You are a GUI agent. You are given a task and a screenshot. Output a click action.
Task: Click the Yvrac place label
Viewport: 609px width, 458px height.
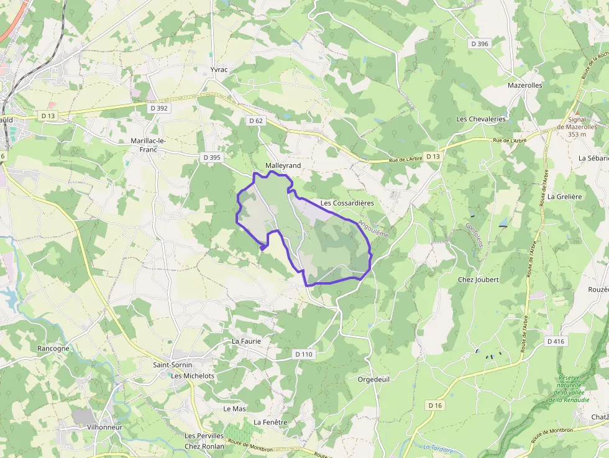tap(219, 70)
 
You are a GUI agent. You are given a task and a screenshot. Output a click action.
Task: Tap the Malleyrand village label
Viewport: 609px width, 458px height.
tap(283, 165)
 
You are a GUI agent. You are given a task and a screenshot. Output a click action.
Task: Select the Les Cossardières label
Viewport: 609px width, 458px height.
tap(347, 203)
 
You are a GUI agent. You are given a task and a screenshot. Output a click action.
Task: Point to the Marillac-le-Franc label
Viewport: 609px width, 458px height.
tap(148, 145)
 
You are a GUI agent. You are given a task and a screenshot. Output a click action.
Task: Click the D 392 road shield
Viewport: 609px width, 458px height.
tap(159, 108)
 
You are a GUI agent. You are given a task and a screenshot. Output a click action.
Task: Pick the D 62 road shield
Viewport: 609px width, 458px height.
tap(256, 121)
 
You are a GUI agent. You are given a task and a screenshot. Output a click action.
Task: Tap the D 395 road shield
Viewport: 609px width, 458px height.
tap(212, 157)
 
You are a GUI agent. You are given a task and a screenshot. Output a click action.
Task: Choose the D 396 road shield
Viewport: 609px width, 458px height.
tap(480, 44)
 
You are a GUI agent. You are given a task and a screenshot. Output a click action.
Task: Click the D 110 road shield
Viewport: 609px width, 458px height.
tap(304, 354)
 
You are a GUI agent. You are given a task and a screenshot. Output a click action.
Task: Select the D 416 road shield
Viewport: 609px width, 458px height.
tap(556, 341)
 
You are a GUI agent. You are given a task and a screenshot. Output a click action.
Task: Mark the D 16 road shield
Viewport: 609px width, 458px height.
tap(435, 405)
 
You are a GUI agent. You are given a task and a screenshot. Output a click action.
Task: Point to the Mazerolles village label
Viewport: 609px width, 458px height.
tap(524, 85)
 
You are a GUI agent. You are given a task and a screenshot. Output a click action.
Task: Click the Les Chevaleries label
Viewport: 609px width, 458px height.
tap(481, 119)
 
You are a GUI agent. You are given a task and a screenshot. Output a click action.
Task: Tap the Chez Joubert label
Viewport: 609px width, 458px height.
tap(478, 280)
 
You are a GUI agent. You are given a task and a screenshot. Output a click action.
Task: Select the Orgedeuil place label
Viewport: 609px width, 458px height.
tap(373, 379)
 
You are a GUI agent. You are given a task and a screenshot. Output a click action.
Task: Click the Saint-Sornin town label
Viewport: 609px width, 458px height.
tap(173, 365)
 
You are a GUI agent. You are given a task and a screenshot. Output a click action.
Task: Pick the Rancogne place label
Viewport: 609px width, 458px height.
tap(53, 349)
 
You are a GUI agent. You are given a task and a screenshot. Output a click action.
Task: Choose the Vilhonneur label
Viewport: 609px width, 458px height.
tap(104, 428)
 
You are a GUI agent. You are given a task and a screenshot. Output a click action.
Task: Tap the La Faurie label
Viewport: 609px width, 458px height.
tap(246, 341)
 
